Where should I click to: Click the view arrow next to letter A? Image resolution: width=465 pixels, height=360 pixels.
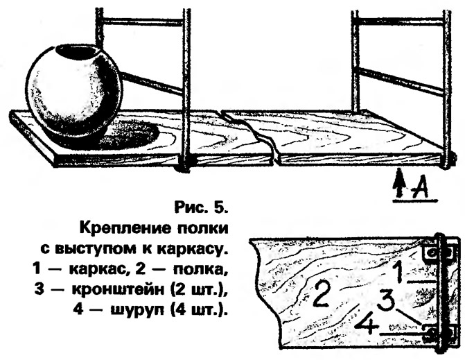[400, 182]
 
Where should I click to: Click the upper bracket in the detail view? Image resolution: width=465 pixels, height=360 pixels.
[438, 253]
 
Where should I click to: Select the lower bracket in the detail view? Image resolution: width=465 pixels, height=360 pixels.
[438, 332]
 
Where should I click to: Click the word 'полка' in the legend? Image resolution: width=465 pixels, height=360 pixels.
[200, 270]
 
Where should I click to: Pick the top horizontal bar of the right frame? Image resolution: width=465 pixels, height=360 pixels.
[401, 21]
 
